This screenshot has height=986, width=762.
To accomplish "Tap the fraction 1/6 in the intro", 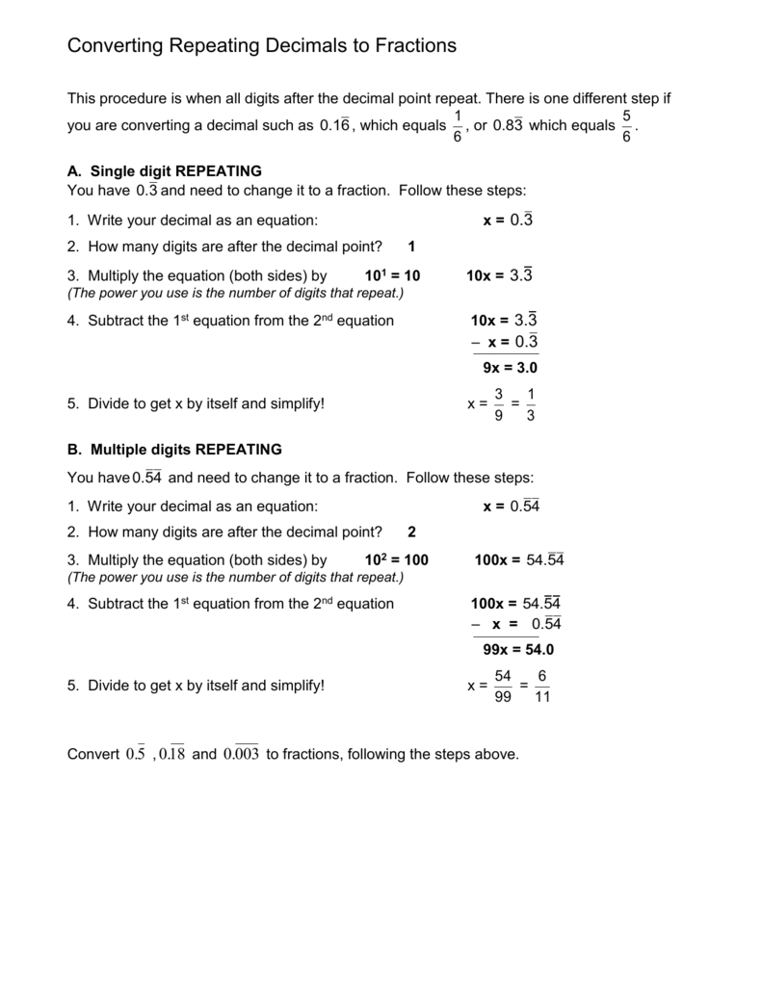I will point(457,126).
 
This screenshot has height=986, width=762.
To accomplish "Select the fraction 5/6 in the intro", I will point(626,126).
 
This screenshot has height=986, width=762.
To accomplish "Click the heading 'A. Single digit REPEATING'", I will point(165,170).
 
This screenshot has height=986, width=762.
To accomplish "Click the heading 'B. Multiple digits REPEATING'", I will point(174,449).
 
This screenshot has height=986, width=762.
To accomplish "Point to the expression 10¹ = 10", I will point(393,276).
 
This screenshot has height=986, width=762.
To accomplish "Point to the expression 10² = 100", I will point(397,560).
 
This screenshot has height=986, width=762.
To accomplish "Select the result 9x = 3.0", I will point(510,368).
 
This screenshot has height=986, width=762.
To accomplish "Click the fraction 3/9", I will point(498,404).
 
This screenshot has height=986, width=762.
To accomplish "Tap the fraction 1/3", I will point(531,404).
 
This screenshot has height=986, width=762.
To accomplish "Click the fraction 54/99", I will point(502,686).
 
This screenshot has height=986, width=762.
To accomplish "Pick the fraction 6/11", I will point(541,686).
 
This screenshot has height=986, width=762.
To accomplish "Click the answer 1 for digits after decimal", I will point(411,246).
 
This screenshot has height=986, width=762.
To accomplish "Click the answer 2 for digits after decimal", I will point(411,532).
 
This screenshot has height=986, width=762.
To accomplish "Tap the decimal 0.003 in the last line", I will point(241,754).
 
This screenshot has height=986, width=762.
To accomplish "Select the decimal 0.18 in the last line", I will point(172,754).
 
